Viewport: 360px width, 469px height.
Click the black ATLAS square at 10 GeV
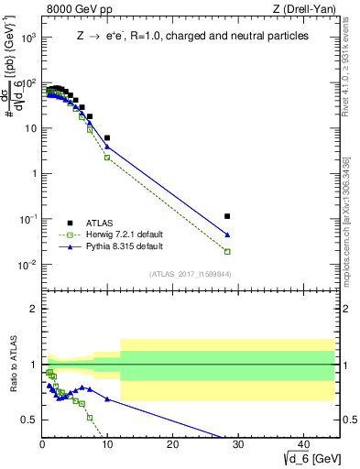(x=107, y=138)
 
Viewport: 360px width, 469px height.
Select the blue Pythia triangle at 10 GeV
(x=107, y=147)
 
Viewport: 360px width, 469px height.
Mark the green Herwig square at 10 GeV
(x=107, y=158)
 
